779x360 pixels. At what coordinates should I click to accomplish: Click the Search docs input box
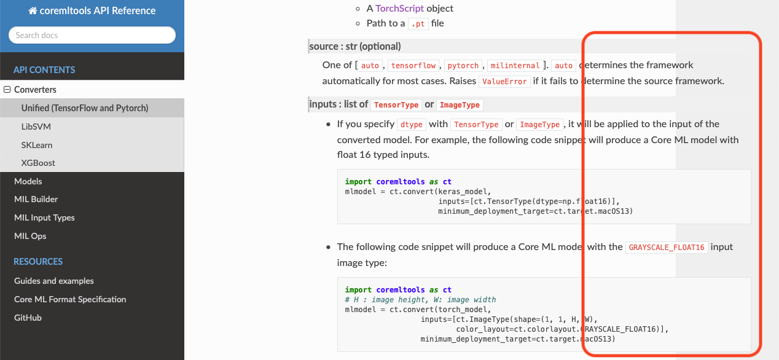coord(92,35)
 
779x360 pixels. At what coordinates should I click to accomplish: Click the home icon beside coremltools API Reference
coord(33,11)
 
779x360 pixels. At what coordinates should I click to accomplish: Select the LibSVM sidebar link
coord(36,127)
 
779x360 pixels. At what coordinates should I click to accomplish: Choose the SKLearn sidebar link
coord(37,145)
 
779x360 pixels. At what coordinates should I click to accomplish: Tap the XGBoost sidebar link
coord(38,163)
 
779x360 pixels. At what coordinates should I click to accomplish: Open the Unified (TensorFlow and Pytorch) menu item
coord(85,108)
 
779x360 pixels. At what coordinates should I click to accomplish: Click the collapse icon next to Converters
coord(7,90)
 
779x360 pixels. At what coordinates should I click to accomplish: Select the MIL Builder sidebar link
coord(36,199)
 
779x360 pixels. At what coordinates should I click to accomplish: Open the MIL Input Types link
coord(44,217)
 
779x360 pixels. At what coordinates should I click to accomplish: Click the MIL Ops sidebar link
coord(30,236)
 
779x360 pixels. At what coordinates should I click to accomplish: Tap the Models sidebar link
coord(28,181)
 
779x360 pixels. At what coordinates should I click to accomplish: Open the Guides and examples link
coord(54,281)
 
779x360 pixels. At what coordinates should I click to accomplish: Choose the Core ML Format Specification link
coord(70,299)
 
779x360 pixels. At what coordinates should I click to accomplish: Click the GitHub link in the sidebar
coord(28,318)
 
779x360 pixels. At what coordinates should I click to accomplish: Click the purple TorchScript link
coord(399,9)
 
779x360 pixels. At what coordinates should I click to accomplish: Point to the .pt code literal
coord(418,24)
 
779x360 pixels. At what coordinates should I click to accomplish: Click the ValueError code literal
coord(504,82)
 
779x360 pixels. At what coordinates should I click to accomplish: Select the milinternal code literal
coord(515,66)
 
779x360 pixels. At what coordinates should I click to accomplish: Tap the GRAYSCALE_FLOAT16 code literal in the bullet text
coord(667,248)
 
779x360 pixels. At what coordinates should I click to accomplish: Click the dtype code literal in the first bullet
coord(412,125)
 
